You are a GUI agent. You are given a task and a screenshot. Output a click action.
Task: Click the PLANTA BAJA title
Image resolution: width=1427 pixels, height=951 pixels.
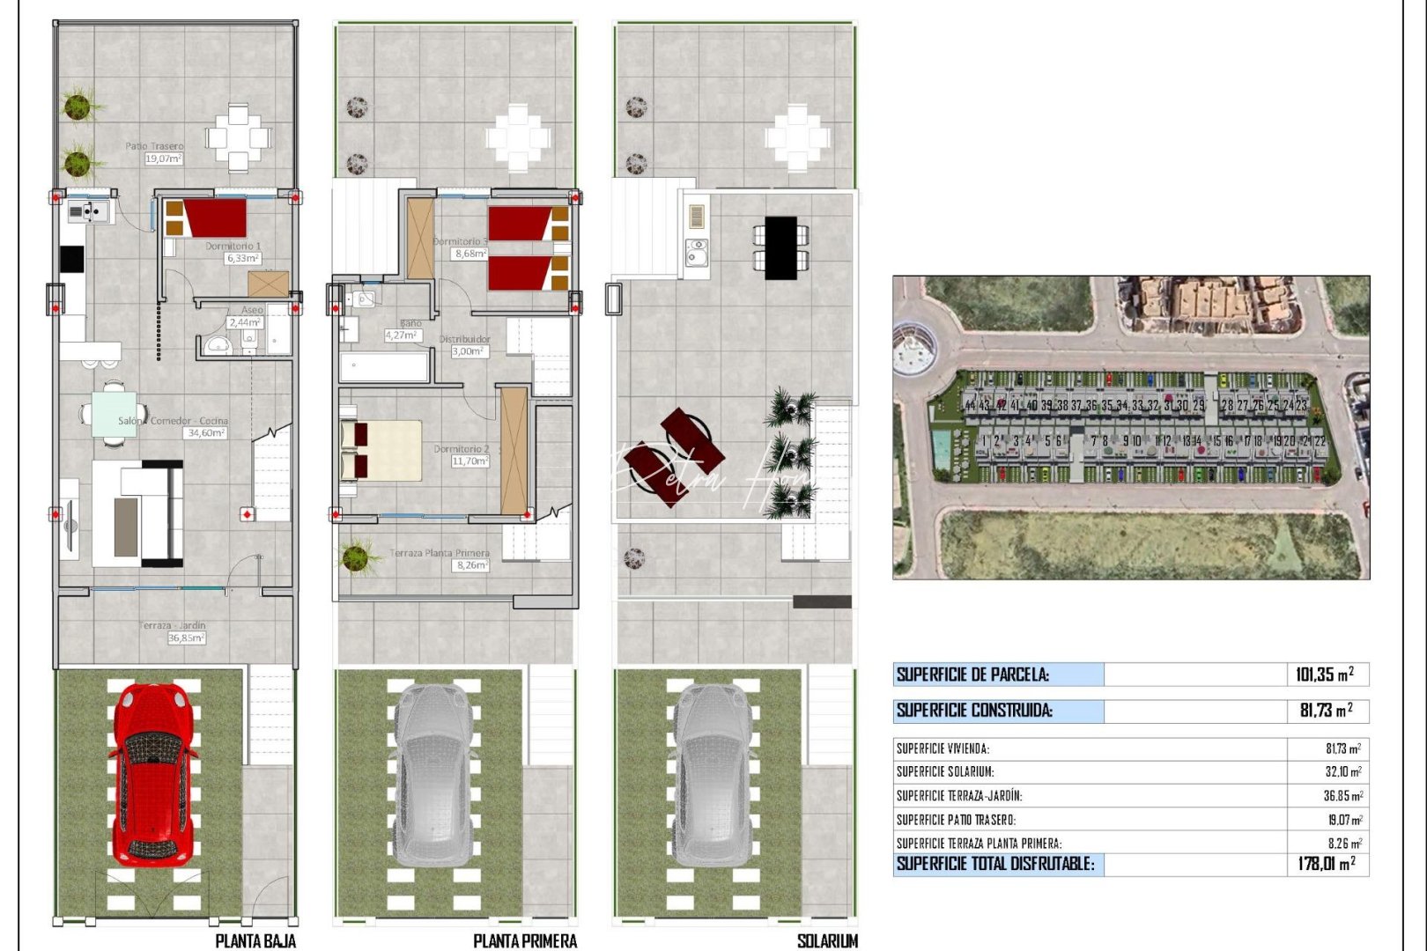point(255,940)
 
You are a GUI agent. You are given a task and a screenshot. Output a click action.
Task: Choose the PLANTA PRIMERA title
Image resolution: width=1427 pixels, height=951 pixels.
point(525,940)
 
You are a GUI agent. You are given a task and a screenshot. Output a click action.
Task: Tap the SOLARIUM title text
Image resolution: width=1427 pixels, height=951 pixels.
point(827,940)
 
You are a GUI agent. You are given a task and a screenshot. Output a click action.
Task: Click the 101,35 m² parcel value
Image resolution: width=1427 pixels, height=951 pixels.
point(1324,675)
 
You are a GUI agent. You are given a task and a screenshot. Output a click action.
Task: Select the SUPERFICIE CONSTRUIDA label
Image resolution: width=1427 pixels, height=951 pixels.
point(974,710)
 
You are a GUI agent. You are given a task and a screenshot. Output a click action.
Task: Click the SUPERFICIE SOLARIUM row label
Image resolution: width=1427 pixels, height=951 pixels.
point(945,771)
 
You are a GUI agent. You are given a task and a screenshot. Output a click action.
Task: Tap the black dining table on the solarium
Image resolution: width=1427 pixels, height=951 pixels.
point(780,247)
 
